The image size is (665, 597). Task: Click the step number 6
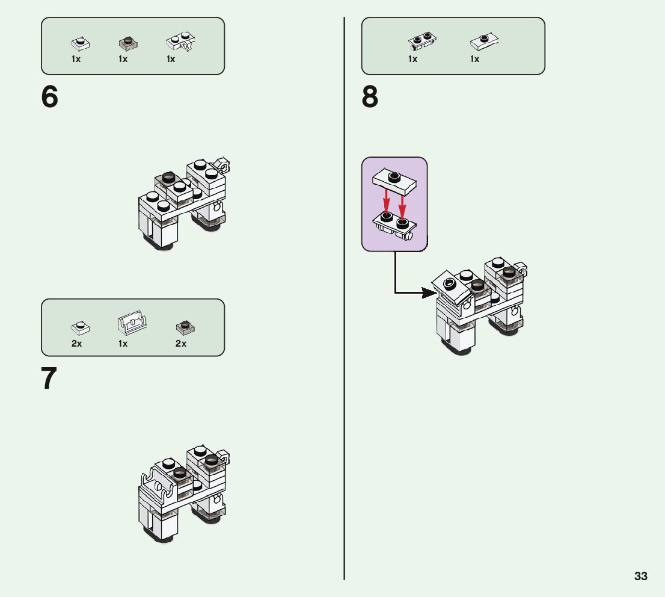[50, 97]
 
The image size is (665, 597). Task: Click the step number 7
[49, 379]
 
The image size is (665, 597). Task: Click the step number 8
[370, 97]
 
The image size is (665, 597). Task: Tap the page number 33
[641, 576]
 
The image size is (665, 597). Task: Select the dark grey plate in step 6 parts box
[127, 43]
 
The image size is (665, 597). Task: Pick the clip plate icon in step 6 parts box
[181, 42]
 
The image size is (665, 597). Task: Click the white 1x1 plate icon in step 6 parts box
[80, 43]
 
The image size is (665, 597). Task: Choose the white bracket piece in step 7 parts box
[132, 323]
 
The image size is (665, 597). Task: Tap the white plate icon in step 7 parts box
[80, 327]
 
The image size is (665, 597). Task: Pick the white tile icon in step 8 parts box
[484, 41]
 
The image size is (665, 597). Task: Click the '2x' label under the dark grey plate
[181, 344]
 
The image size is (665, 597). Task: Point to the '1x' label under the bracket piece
[123, 344]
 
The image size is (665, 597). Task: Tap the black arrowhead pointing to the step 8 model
[428, 293]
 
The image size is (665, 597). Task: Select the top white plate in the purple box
[394, 180]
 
